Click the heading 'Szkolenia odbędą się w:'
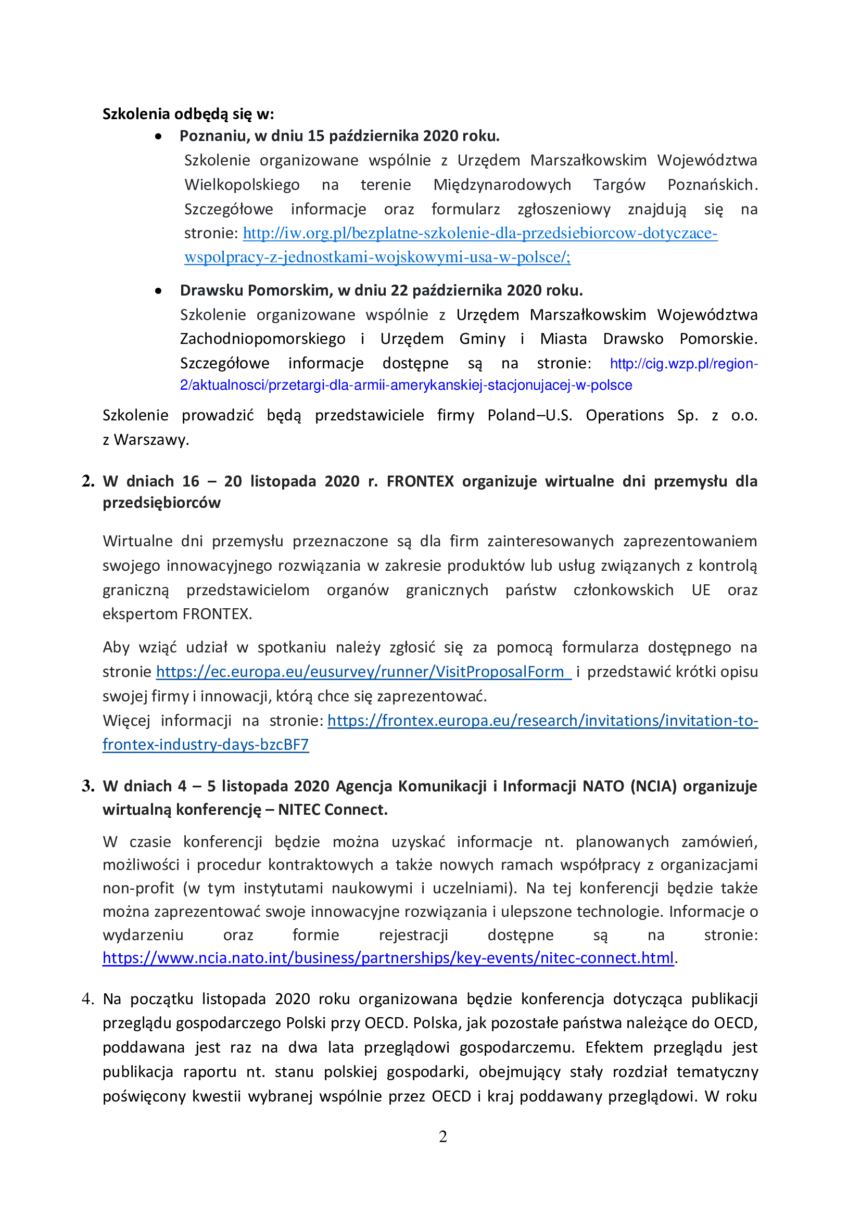[188, 114]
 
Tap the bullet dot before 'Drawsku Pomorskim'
[158, 291]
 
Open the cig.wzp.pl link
[683, 364]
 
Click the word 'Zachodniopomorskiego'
[262, 339]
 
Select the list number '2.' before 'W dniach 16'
[88, 481]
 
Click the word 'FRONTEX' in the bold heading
[420, 481]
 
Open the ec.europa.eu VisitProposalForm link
[363, 672]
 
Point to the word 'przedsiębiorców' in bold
[161, 503]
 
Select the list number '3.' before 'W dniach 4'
[88, 786]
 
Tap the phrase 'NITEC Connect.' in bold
[333, 810]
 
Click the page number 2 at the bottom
[442, 1136]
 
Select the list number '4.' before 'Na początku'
[88, 999]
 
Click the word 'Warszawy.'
[151, 440]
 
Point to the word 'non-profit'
[138, 888]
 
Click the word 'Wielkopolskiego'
[242, 185]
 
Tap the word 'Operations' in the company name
[625, 416]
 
